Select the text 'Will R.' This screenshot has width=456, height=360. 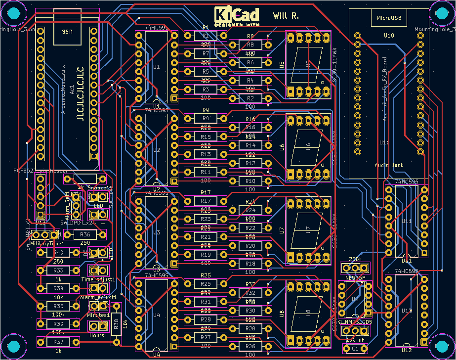click(x=286, y=16)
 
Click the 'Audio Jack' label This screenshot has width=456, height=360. click(x=389, y=165)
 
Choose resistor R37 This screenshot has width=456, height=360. click(x=58, y=342)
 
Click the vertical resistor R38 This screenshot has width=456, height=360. click(x=116, y=324)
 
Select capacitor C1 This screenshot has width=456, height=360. click(x=356, y=349)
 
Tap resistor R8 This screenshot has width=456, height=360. click(x=250, y=45)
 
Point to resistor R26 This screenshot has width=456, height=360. click(x=250, y=347)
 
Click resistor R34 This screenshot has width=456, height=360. click(x=58, y=288)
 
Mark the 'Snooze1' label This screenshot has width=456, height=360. click(x=98, y=188)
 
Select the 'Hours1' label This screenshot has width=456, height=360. click(x=98, y=335)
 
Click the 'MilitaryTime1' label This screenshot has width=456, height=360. click(x=47, y=244)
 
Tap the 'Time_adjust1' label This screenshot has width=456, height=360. click(x=98, y=279)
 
